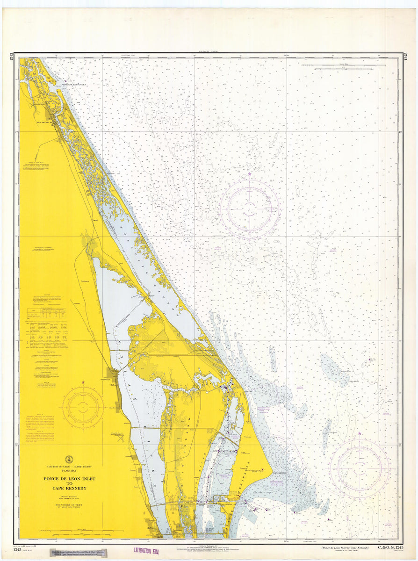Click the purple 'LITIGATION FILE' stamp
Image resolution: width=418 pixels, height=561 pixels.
[x=146, y=552]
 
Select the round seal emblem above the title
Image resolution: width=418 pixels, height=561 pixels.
[x=69, y=459]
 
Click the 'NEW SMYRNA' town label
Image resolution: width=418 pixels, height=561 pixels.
[x=46, y=123]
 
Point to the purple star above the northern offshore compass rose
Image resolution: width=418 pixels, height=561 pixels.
[x=250, y=174]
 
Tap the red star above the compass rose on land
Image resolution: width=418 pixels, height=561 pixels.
[x=83, y=382]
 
